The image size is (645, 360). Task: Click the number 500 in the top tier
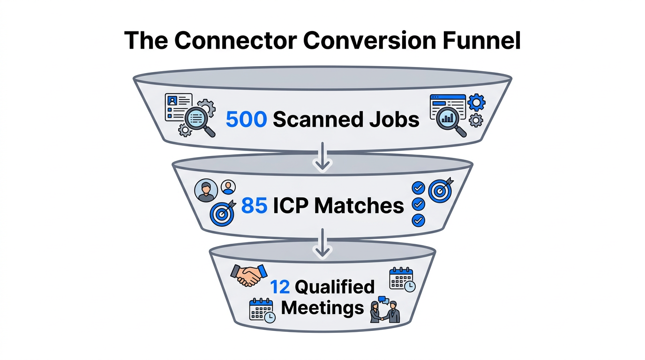click(246, 120)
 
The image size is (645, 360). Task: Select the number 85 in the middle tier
click(254, 205)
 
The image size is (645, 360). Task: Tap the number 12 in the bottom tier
click(280, 286)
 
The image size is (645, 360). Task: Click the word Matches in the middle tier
click(359, 205)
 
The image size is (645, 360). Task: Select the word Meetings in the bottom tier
click(323, 308)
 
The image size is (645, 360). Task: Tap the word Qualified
click(335, 286)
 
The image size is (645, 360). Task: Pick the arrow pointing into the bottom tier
click(322, 245)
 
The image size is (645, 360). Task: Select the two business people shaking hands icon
click(385, 310)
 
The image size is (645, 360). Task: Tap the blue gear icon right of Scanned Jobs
click(477, 102)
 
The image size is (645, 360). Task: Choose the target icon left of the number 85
click(222, 214)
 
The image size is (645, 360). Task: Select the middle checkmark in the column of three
click(418, 204)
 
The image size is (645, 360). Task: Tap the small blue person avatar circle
click(228, 187)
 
